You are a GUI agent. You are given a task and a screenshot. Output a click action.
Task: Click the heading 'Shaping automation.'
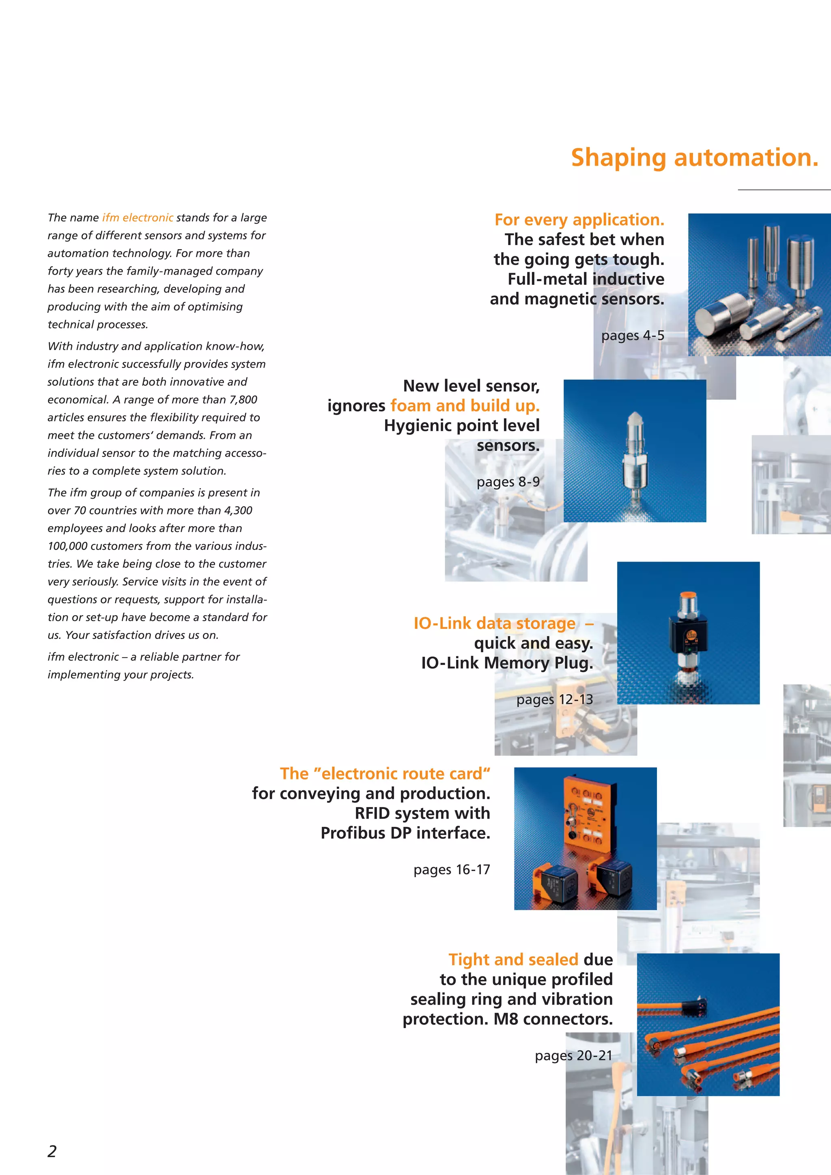tap(694, 157)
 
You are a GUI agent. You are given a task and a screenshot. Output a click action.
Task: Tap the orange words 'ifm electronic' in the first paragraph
tap(138, 217)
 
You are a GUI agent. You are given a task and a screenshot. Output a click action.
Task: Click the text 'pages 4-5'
tap(633, 336)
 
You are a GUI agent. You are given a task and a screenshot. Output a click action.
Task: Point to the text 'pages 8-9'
tap(508, 482)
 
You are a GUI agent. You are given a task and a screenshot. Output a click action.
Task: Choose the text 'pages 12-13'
tap(554, 699)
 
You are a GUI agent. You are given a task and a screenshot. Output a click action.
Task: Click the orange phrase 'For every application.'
tap(579, 220)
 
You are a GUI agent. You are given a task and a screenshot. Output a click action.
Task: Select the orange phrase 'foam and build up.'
tap(465, 406)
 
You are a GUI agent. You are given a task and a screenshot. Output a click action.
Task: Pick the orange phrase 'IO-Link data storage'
tap(494, 623)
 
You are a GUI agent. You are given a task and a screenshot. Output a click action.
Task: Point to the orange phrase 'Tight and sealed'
tap(513, 960)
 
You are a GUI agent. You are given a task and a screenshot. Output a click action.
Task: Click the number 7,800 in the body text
tap(243, 400)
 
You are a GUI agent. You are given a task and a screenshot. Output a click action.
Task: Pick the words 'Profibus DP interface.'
tap(405, 833)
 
